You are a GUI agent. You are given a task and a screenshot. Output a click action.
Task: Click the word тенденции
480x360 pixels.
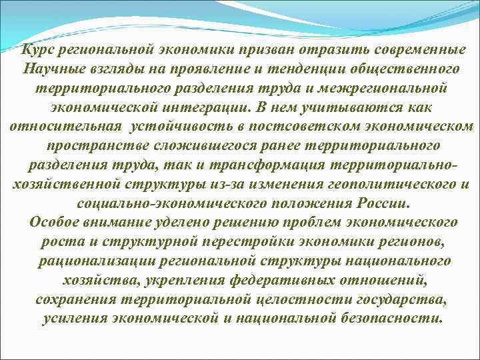302,69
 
